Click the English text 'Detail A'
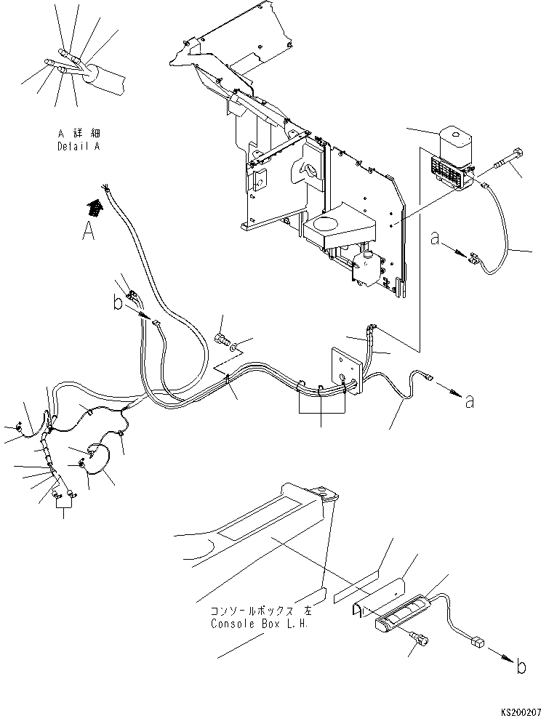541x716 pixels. click(79, 146)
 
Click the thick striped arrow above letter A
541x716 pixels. click(94, 209)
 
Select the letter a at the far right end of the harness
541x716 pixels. click(469, 401)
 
